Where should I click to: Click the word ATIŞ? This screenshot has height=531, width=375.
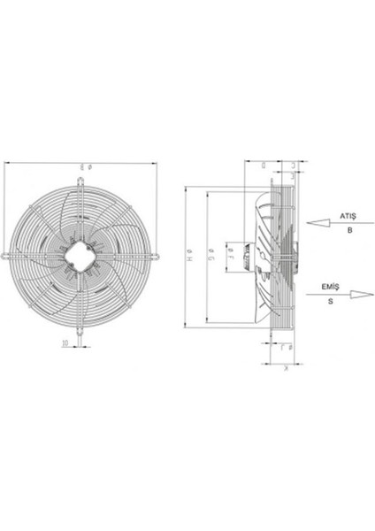point(348,216)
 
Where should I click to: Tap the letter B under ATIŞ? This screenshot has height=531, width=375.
point(348,230)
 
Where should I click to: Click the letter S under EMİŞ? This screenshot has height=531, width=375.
point(331,302)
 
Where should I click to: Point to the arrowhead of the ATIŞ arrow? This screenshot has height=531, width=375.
point(310,223)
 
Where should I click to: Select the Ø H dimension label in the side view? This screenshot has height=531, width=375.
point(189,258)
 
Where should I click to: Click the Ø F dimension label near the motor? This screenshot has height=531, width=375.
point(230,258)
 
